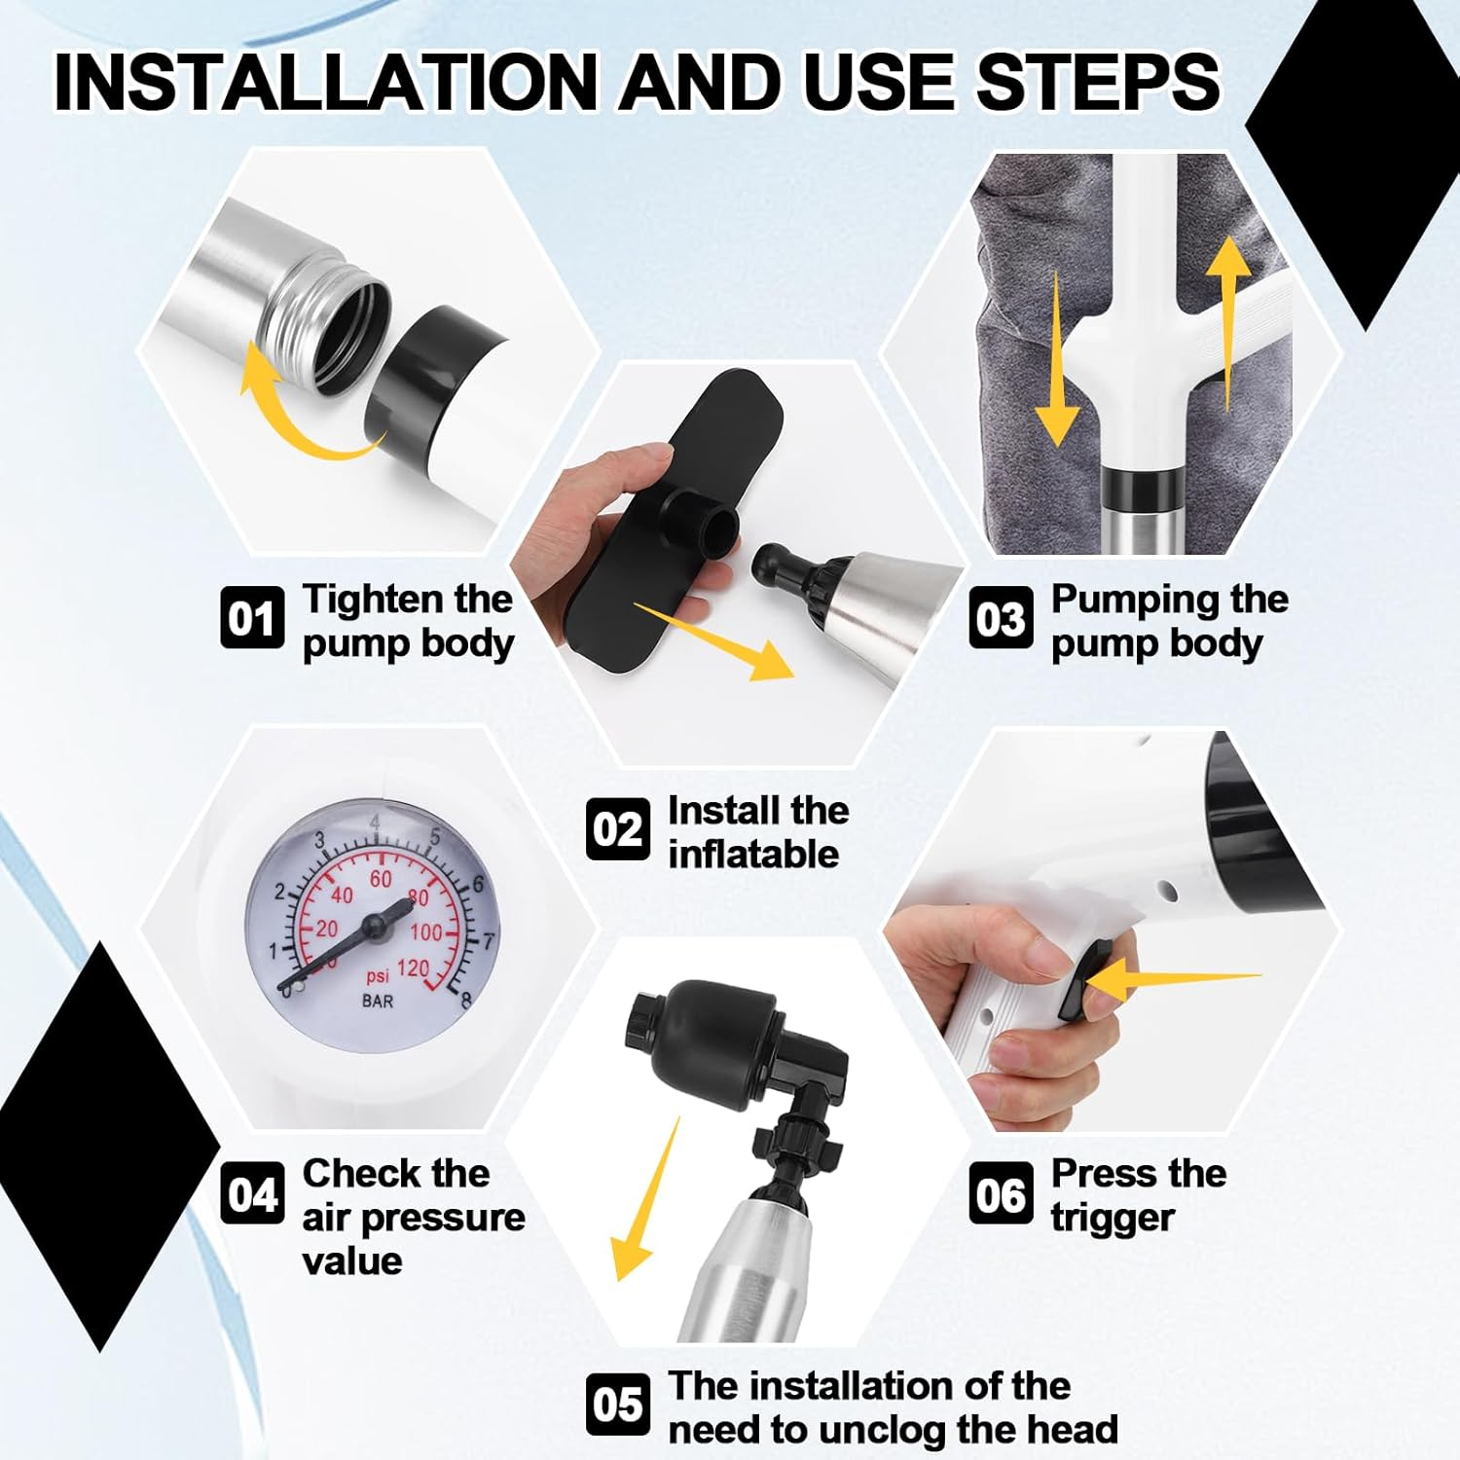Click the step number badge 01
[x=252, y=617]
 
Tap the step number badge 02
[x=617, y=829]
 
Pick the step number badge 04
[x=252, y=1193]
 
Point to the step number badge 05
[x=617, y=1404]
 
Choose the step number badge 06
[x=1001, y=1193]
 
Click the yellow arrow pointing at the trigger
[x=1169, y=979]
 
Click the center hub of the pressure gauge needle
[x=375, y=925]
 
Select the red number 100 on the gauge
[x=425, y=932]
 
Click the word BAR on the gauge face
[x=378, y=1001]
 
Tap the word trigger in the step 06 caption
[x=1113, y=1219]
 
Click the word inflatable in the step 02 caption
[x=753, y=854]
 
